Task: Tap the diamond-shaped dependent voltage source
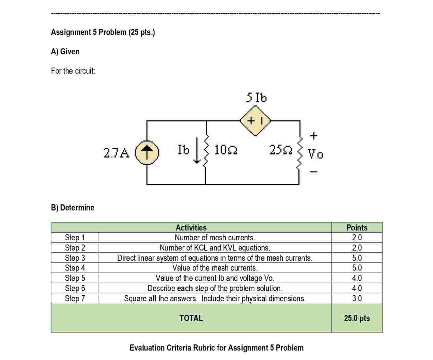coord(255,121)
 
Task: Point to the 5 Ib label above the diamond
coord(256,98)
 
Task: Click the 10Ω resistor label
coord(226,150)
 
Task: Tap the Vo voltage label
coord(315,154)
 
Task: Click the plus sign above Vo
coord(313,136)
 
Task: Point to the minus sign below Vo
coord(314,172)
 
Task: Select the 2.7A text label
coord(116,153)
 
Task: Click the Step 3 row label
coord(75,258)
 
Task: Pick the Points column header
coord(357,228)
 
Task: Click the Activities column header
coord(191,228)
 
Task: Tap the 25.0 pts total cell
coord(357,318)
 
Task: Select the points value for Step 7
coord(357,298)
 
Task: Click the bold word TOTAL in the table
coord(191,318)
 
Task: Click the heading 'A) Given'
coord(65,52)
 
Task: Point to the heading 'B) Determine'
coord(73,207)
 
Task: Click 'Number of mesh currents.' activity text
coord(215,238)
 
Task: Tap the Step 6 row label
coord(75,288)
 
